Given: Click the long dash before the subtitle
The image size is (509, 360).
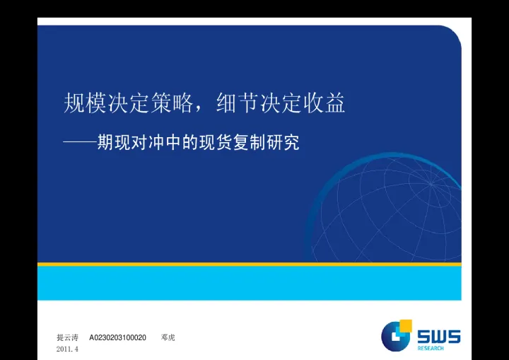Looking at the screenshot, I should [79, 143].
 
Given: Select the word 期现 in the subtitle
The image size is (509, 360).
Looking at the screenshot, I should [114, 143].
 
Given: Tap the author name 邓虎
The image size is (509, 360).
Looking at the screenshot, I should [168, 337].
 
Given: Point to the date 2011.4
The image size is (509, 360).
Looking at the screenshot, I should [67, 349].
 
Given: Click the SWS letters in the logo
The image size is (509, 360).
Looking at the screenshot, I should [438, 337].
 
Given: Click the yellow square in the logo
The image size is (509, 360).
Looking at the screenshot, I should [406, 325].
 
